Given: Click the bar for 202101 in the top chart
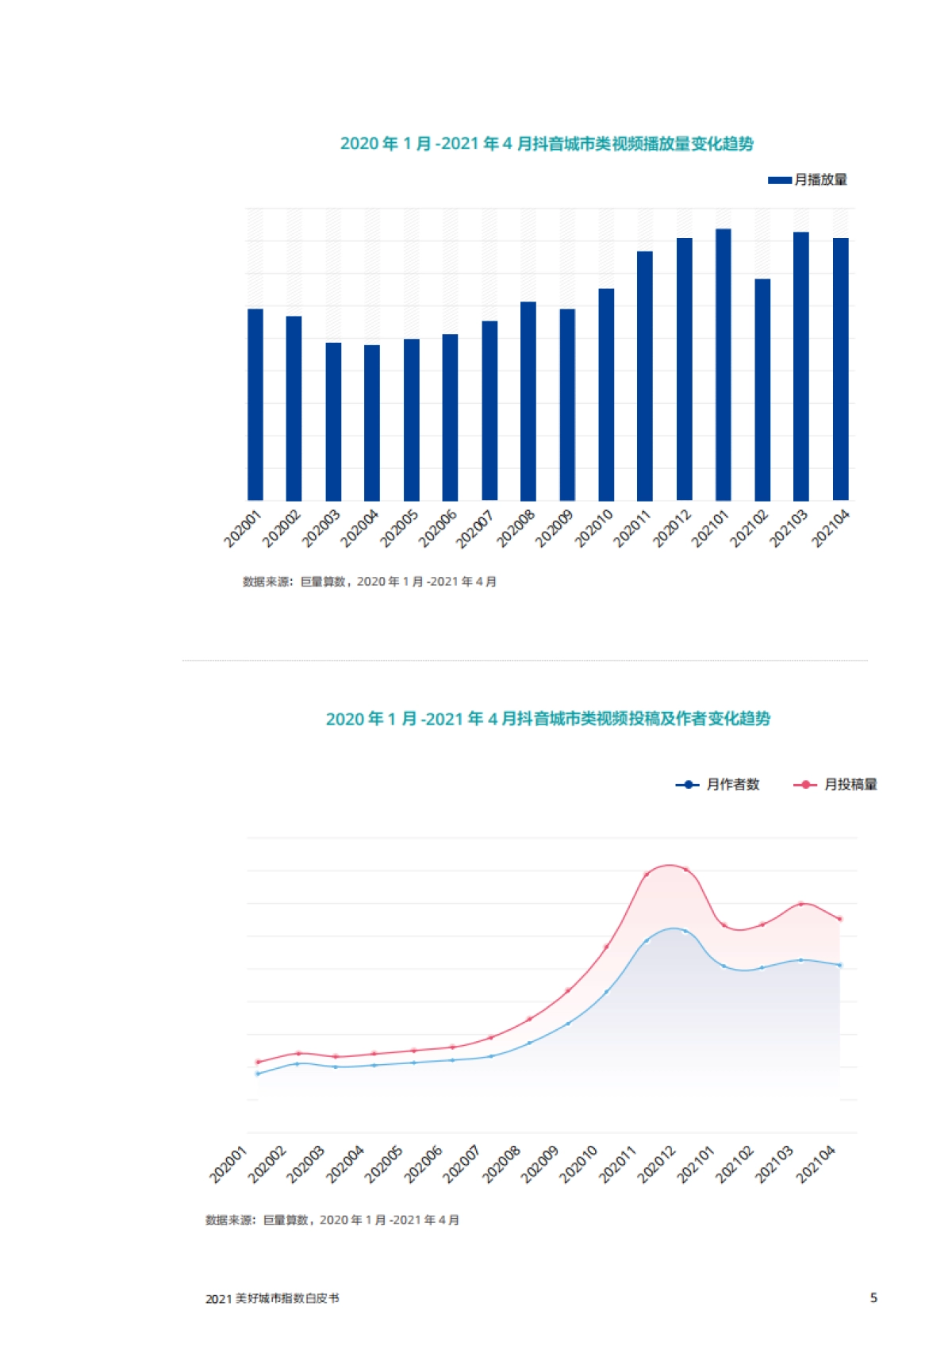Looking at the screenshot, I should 723,365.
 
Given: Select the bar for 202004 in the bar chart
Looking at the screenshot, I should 372,423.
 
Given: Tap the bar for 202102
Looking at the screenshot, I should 762,390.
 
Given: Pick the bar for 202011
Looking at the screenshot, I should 645,376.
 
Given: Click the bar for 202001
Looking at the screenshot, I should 255,405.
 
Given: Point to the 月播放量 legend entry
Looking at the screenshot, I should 808,180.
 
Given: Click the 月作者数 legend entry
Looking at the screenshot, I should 718,785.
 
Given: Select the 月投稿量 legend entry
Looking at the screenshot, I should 836,785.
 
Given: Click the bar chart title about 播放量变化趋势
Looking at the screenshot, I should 547,144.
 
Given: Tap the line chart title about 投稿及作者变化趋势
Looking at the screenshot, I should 547,719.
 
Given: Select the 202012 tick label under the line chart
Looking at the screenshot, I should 657,1164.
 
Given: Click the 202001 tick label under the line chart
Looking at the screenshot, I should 228,1164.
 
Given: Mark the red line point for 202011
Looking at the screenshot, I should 647,874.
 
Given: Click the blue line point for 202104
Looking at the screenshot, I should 839,965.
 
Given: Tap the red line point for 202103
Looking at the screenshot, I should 801,904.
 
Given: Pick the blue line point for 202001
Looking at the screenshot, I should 257,1074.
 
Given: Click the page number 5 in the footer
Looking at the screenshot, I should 873,1298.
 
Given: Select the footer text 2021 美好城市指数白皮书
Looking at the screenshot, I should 272,1299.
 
